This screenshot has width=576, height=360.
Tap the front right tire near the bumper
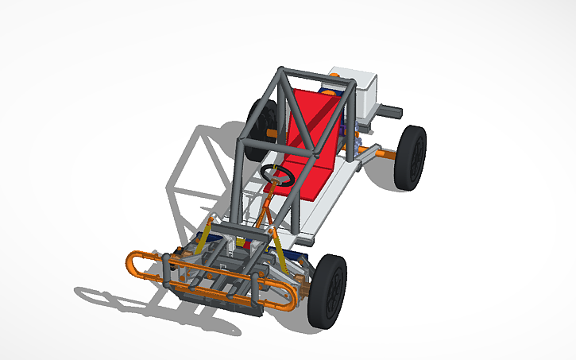tap(329, 291)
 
